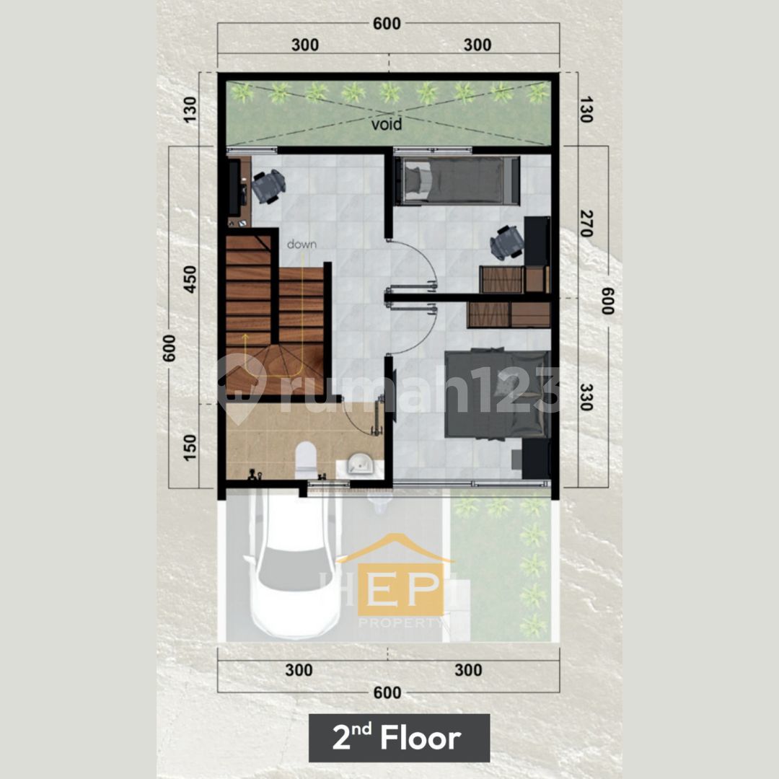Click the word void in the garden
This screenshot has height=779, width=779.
386,124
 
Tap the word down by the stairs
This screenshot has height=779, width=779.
302,244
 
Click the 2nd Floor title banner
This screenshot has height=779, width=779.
399,737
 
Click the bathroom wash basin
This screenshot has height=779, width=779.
360,465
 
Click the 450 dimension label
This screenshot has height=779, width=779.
189,279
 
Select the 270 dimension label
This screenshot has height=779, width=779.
586,223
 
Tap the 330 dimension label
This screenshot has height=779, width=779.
586,397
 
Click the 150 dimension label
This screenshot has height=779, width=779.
189,448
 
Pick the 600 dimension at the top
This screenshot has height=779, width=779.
387,23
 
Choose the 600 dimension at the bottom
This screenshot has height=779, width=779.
387,692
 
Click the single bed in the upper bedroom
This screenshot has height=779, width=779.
457,180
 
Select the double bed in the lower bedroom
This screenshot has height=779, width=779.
497,394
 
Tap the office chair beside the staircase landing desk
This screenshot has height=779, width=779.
268,186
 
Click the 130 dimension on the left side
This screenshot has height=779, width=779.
189,110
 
